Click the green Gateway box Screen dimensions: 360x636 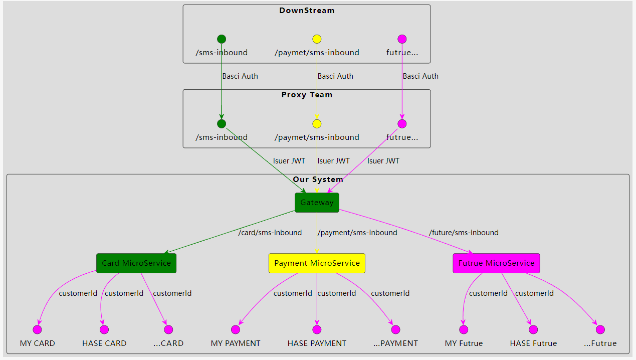pyautogui.click(x=317, y=203)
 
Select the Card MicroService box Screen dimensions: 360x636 pyautogui.click(x=136, y=263)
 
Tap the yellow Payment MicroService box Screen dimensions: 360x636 pyautogui.click(x=317, y=263)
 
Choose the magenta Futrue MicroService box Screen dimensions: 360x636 pyautogui.click(x=496, y=263)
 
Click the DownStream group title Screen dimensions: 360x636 pyautogui.click(x=307, y=11)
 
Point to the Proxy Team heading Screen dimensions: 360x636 pyautogui.click(x=307, y=95)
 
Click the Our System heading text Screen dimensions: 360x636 pyautogui.click(x=318, y=179)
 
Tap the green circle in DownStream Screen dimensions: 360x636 pyautogui.click(x=222, y=39)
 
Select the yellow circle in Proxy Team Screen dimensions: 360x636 pyautogui.click(x=317, y=124)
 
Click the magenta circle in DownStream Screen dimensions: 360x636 pyautogui.click(x=402, y=39)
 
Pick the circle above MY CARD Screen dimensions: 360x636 pyautogui.click(x=37, y=329)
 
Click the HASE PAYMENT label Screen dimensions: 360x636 pyautogui.click(x=317, y=343)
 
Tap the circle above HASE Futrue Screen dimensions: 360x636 pyautogui.click(x=533, y=329)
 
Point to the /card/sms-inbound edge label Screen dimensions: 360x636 pyautogui.click(x=270, y=233)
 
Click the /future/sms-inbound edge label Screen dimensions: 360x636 pyautogui.click(x=464, y=233)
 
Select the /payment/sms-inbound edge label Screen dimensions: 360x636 pyautogui.click(x=357, y=233)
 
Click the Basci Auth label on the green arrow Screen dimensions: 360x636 pyautogui.click(x=240, y=76)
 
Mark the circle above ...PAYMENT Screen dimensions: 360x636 pyautogui.click(x=395, y=329)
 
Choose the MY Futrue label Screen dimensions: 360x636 pyautogui.click(x=464, y=343)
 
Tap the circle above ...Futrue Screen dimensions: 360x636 pyautogui.click(x=600, y=329)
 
